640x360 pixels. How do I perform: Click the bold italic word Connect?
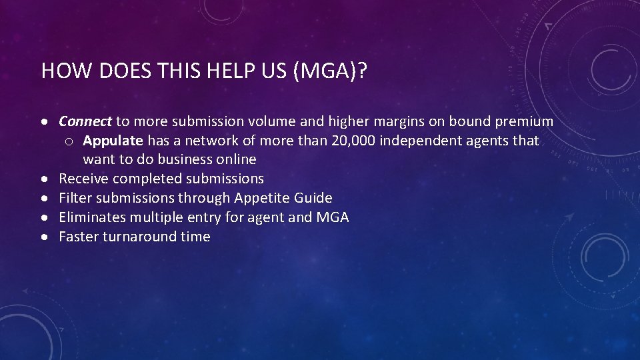85,121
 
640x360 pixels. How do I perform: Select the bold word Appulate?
113,141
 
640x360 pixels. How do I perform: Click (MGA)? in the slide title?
330,71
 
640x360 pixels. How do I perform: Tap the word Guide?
314,198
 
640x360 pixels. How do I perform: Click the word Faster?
79,237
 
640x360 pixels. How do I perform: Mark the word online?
236,159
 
